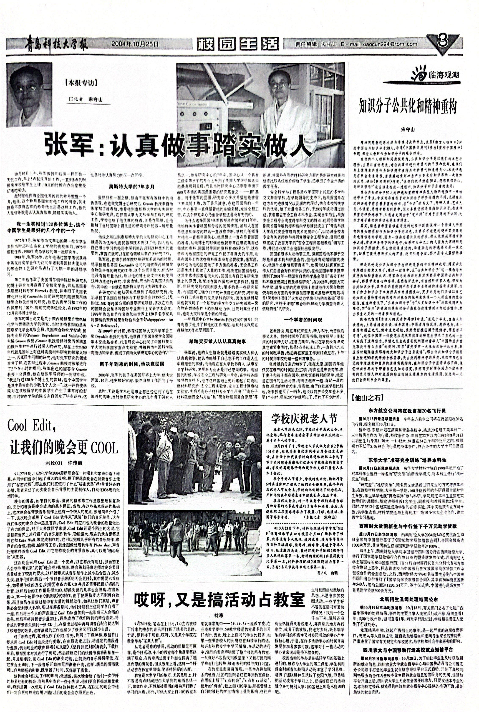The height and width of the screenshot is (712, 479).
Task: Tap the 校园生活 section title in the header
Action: coord(238,44)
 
